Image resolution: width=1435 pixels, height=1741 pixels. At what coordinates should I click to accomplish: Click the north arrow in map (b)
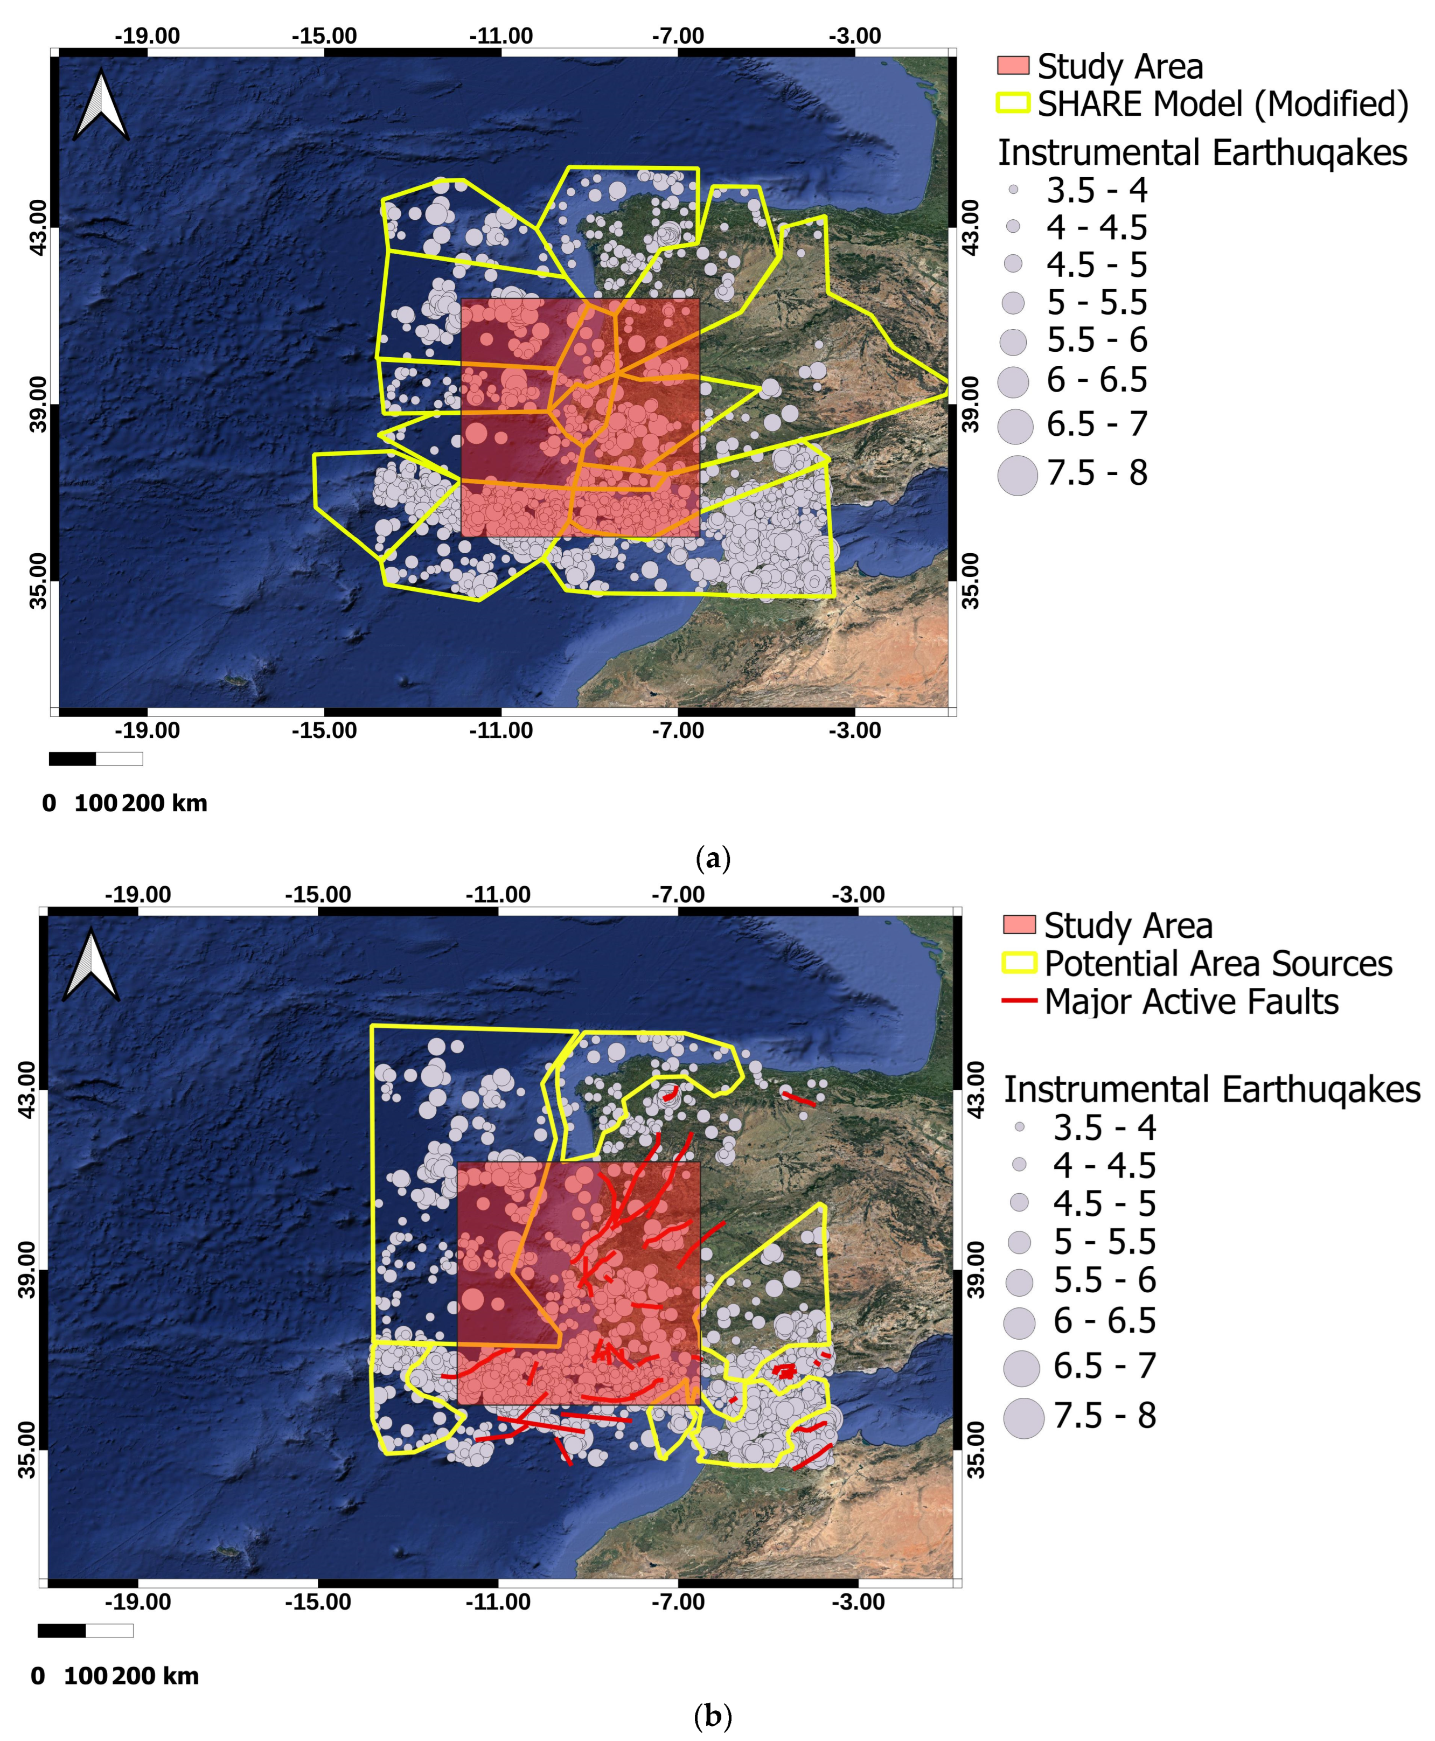[x=91, y=965]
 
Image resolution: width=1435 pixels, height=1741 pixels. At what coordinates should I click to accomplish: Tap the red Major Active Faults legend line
[x=1019, y=1001]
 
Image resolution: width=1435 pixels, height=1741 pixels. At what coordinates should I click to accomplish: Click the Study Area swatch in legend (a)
[x=1013, y=65]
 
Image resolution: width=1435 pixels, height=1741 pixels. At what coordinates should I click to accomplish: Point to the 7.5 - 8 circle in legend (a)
[x=1017, y=475]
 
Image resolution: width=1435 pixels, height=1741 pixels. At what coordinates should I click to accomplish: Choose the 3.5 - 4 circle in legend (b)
[x=1019, y=1127]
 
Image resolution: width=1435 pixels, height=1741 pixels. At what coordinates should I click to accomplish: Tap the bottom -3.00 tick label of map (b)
[x=858, y=1601]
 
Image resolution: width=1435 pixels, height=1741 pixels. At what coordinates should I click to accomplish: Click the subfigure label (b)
[x=713, y=1717]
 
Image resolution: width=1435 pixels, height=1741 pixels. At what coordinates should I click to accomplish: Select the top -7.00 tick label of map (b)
[x=678, y=895]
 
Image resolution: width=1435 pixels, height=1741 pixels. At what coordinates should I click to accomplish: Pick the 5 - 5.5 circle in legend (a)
[x=1013, y=303]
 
